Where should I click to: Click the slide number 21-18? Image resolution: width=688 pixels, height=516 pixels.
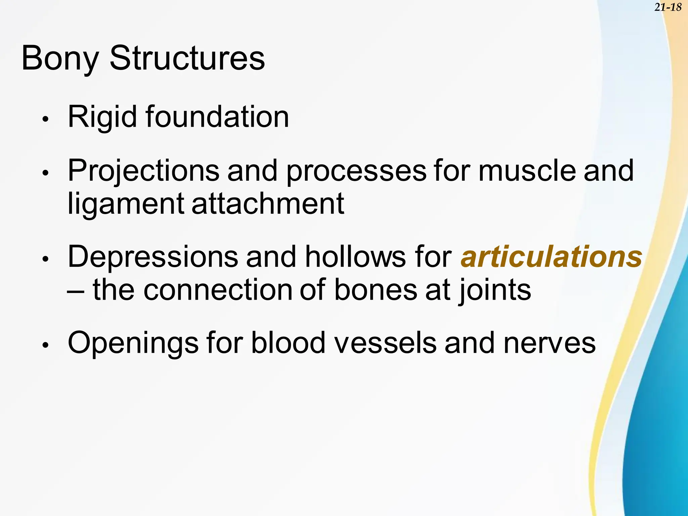click(x=668, y=7)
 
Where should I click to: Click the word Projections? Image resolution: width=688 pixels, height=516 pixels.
click(x=143, y=171)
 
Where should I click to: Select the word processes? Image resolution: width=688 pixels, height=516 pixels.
click(x=356, y=171)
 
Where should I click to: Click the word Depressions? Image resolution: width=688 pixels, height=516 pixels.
click(x=153, y=257)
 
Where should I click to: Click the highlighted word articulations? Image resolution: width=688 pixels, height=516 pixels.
click(x=551, y=257)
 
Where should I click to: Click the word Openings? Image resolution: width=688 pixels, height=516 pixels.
click(x=133, y=343)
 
